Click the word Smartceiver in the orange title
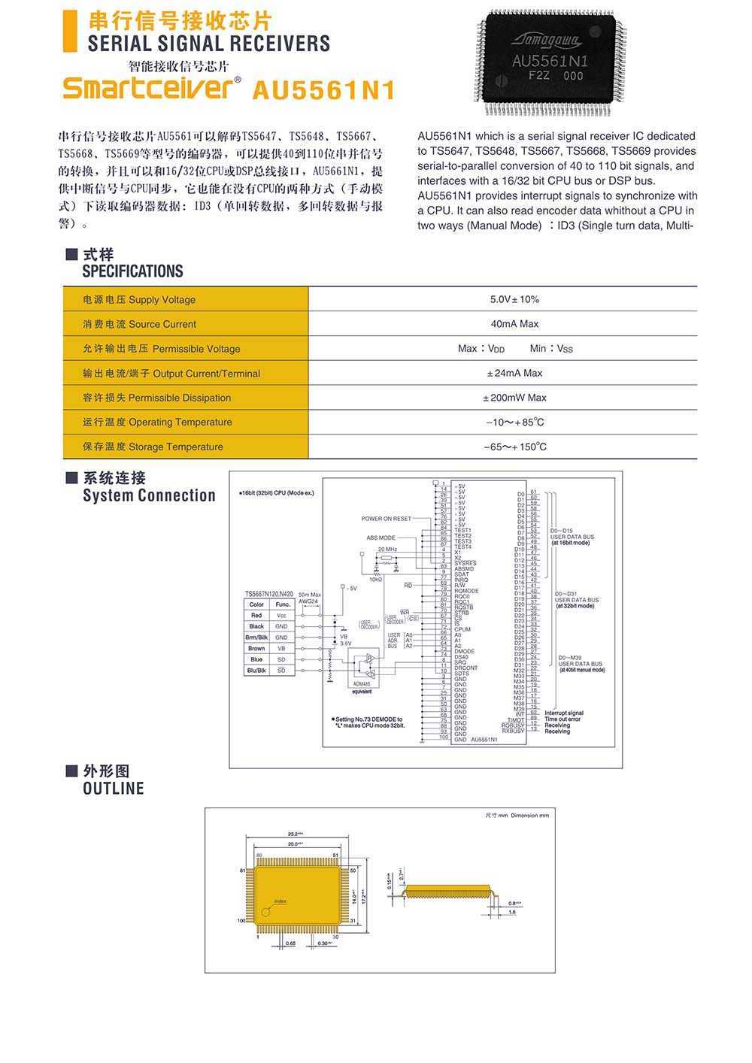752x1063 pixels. click(x=147, y=88)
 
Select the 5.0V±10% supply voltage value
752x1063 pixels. click(x=514, y=299)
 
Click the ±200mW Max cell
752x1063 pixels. click(x=514, y=398)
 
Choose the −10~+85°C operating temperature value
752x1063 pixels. click(x=514, y=422)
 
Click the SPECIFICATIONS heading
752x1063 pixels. click(x=132, y=271)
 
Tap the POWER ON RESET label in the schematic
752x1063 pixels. click(x=386, y=519)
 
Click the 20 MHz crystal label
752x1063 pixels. click(x=387, y=550)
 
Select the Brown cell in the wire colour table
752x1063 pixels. click(x=256, y=648)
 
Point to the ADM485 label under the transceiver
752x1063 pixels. click(x=361, y=683)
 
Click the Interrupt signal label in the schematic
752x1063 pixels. click(x=564, y=713)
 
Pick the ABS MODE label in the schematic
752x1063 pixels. click(x=381, y=538)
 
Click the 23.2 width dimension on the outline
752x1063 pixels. click(x=295, y=834)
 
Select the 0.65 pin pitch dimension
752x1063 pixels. click(x=290, y=943)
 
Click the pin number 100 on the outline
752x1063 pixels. click(x=241, y=920)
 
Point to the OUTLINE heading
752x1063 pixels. click(x=113, y=789)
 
